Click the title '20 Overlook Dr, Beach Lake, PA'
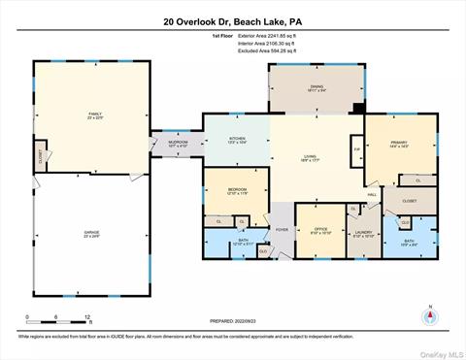(233, 20)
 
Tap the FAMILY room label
(93, 115)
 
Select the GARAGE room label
(93, 234)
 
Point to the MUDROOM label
(177, 143)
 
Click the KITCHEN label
(237, 140)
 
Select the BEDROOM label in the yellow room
(237, 190)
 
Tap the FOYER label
(282, 230)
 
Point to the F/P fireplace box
(356, 148)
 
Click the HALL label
(372, 194)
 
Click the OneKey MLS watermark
(436, 350)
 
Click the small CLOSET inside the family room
(40, 154)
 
